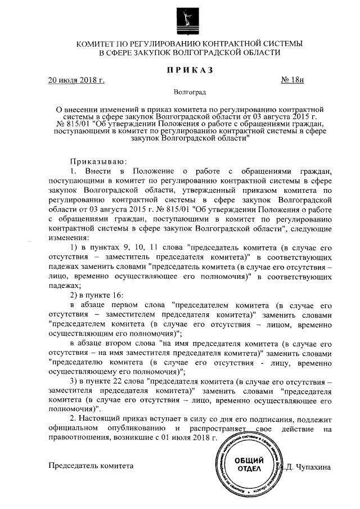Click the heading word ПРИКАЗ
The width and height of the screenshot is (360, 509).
(x=189, y=69)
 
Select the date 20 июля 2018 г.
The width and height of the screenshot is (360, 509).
(x=76, y=80)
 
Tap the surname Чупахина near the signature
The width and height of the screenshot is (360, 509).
(x=315, y=466)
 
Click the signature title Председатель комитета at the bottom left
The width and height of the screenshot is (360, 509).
(x=92, y=466)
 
